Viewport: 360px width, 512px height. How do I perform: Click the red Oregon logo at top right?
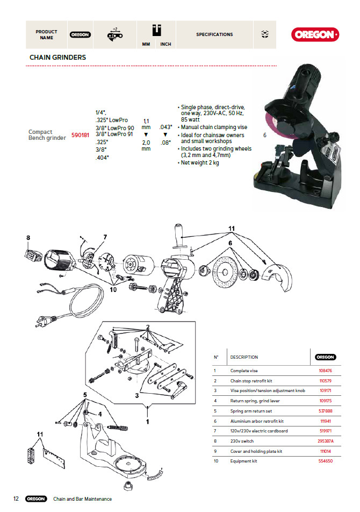pyautogui.click(x=315, y=34)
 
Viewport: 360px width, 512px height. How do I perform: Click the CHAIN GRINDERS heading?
pyautogui.click(x=57, y=57)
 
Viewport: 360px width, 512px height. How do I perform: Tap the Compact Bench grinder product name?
pyautogui.click(x=47, y=135)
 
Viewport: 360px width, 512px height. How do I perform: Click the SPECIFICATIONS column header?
pyautogui.click(x=214, y=34)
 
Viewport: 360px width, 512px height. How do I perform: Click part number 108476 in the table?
pyautogui.click(x=326, y=371)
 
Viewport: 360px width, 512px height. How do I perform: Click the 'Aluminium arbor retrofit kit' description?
pyautogui.click(x=257, y=421)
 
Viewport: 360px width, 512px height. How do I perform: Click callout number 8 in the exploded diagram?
pyautogui.click(x=28, y=237)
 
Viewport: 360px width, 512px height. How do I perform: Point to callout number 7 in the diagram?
pyautogui.click(x=105, y=237)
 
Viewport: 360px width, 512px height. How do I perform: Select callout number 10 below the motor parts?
pyautogui.click(x=113, y=290)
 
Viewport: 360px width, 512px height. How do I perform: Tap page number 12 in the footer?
pyautogui.click(x=16, y=499)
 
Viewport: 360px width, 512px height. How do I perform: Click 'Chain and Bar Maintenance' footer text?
pyautogui.click(x=82, y=499)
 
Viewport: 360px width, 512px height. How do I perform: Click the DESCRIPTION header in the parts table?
pyautogui.click(x=244, y=357)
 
